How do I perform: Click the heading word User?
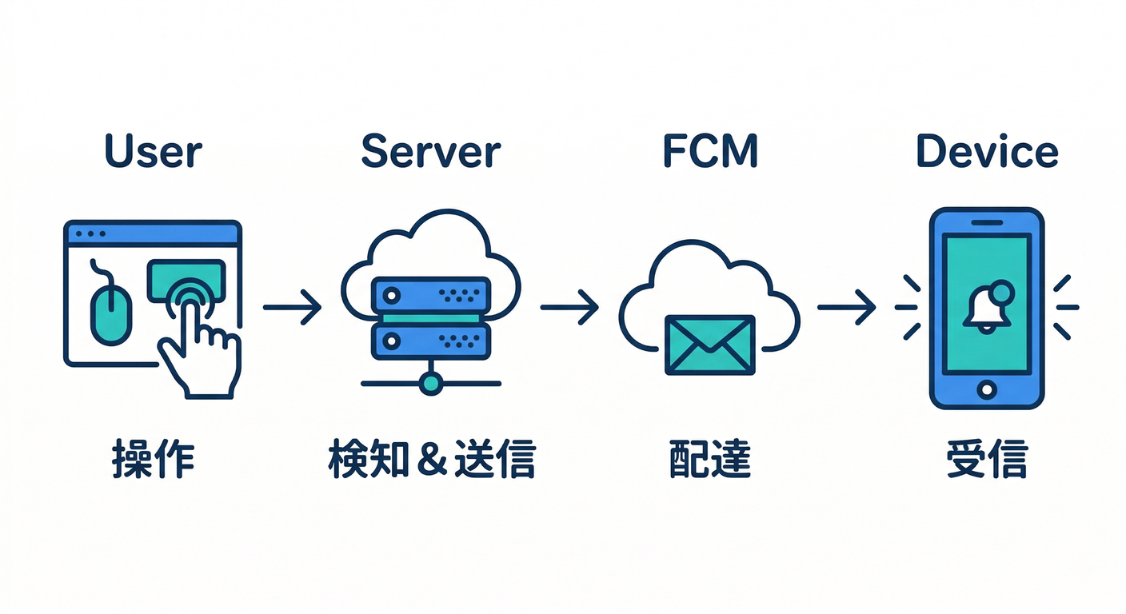point(154,151)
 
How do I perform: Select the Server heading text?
point(431,151)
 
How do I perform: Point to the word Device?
point(987,151)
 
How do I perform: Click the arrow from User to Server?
point(292,307)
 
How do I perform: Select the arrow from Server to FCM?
point(569,307)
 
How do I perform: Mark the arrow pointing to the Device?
point(846,307)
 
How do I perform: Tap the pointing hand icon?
point(200,352)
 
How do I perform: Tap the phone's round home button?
point(987,390)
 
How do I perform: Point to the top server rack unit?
point(430,294)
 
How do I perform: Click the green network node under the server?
point(430,383)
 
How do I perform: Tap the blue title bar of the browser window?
point(152,233)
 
